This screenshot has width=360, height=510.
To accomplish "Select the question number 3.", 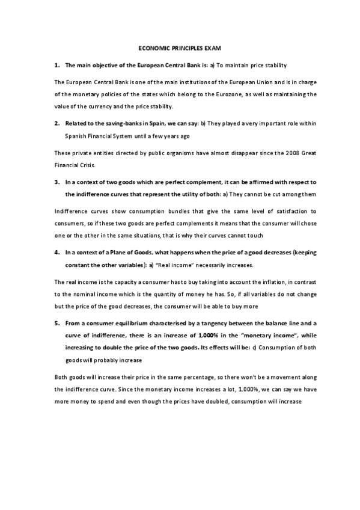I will [56, 181].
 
